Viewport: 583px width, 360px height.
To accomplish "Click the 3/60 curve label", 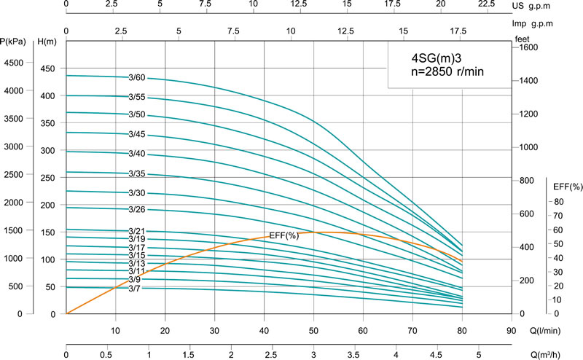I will (x=137, y=77).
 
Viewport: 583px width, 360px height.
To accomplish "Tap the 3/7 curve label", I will (x=134, y=289).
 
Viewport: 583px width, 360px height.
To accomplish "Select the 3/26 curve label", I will (x=137, y=210).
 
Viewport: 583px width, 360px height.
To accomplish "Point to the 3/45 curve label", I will (x=137, y=135).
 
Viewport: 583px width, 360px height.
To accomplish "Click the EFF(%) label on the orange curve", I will (x=283, y=235).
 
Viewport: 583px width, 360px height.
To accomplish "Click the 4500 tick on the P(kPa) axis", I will (x=14, y=63).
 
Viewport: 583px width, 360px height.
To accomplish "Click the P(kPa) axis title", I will (x=14, y=42).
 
